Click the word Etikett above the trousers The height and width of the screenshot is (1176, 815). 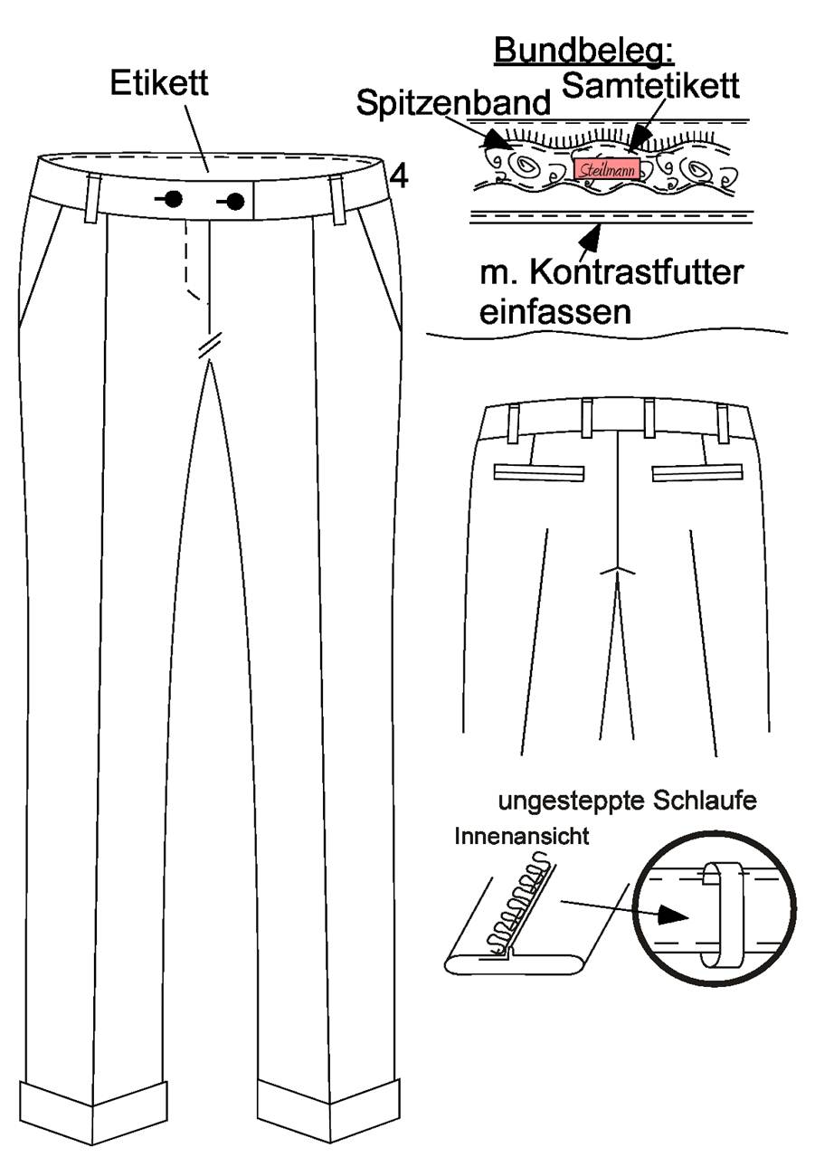click(x=159, y=83)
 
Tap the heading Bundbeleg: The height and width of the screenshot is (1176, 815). click(x=584, y=52)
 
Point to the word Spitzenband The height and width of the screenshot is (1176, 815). click(x=453, y=102)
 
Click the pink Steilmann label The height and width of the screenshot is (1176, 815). click(x=607, y=169)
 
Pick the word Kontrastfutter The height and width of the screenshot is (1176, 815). click(x=637, y=273)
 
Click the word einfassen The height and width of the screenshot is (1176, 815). click(x=555, y=312)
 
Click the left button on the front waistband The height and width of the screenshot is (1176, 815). click(x=173, y=199)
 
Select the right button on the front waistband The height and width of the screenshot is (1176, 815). click(x=235, y=201)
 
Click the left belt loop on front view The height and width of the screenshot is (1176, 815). click(x=92, y=199)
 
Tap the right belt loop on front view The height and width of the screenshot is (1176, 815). click(x=337, y=201)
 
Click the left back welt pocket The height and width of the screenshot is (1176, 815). click(x=539, y=472)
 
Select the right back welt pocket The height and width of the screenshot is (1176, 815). click(x=697, y=472)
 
